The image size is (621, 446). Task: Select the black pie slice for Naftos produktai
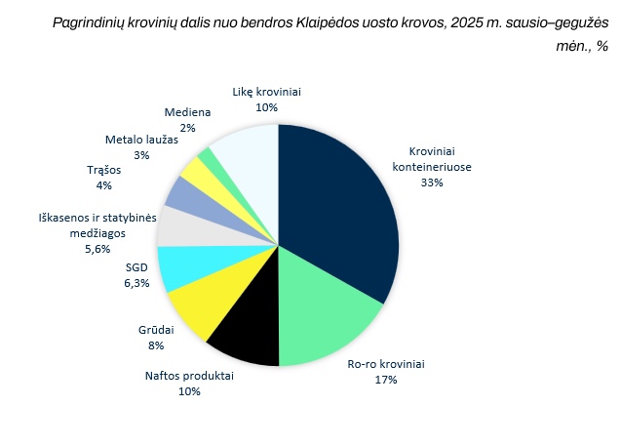pyautogui.click(x=250, y=325)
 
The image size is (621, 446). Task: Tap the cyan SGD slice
pyautogui.click(x=198, y=264)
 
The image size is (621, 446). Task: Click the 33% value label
pyautogui.click(x=432, y=182)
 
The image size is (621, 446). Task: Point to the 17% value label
pyautogui.click(x=386, y=380)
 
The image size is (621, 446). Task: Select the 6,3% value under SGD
pyautogui.click(x=136, y=283)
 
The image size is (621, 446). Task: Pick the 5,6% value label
pyautogui.click(x=97, y=249)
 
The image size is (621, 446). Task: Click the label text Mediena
pyautogui.click(x=187, y=112)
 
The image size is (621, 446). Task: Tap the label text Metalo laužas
pyautogui.click(x=141, y=140)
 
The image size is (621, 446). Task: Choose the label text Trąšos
pyautogui.click(x=103, y=170)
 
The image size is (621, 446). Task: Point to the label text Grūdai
pyautogui.click(x=156, y=330)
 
